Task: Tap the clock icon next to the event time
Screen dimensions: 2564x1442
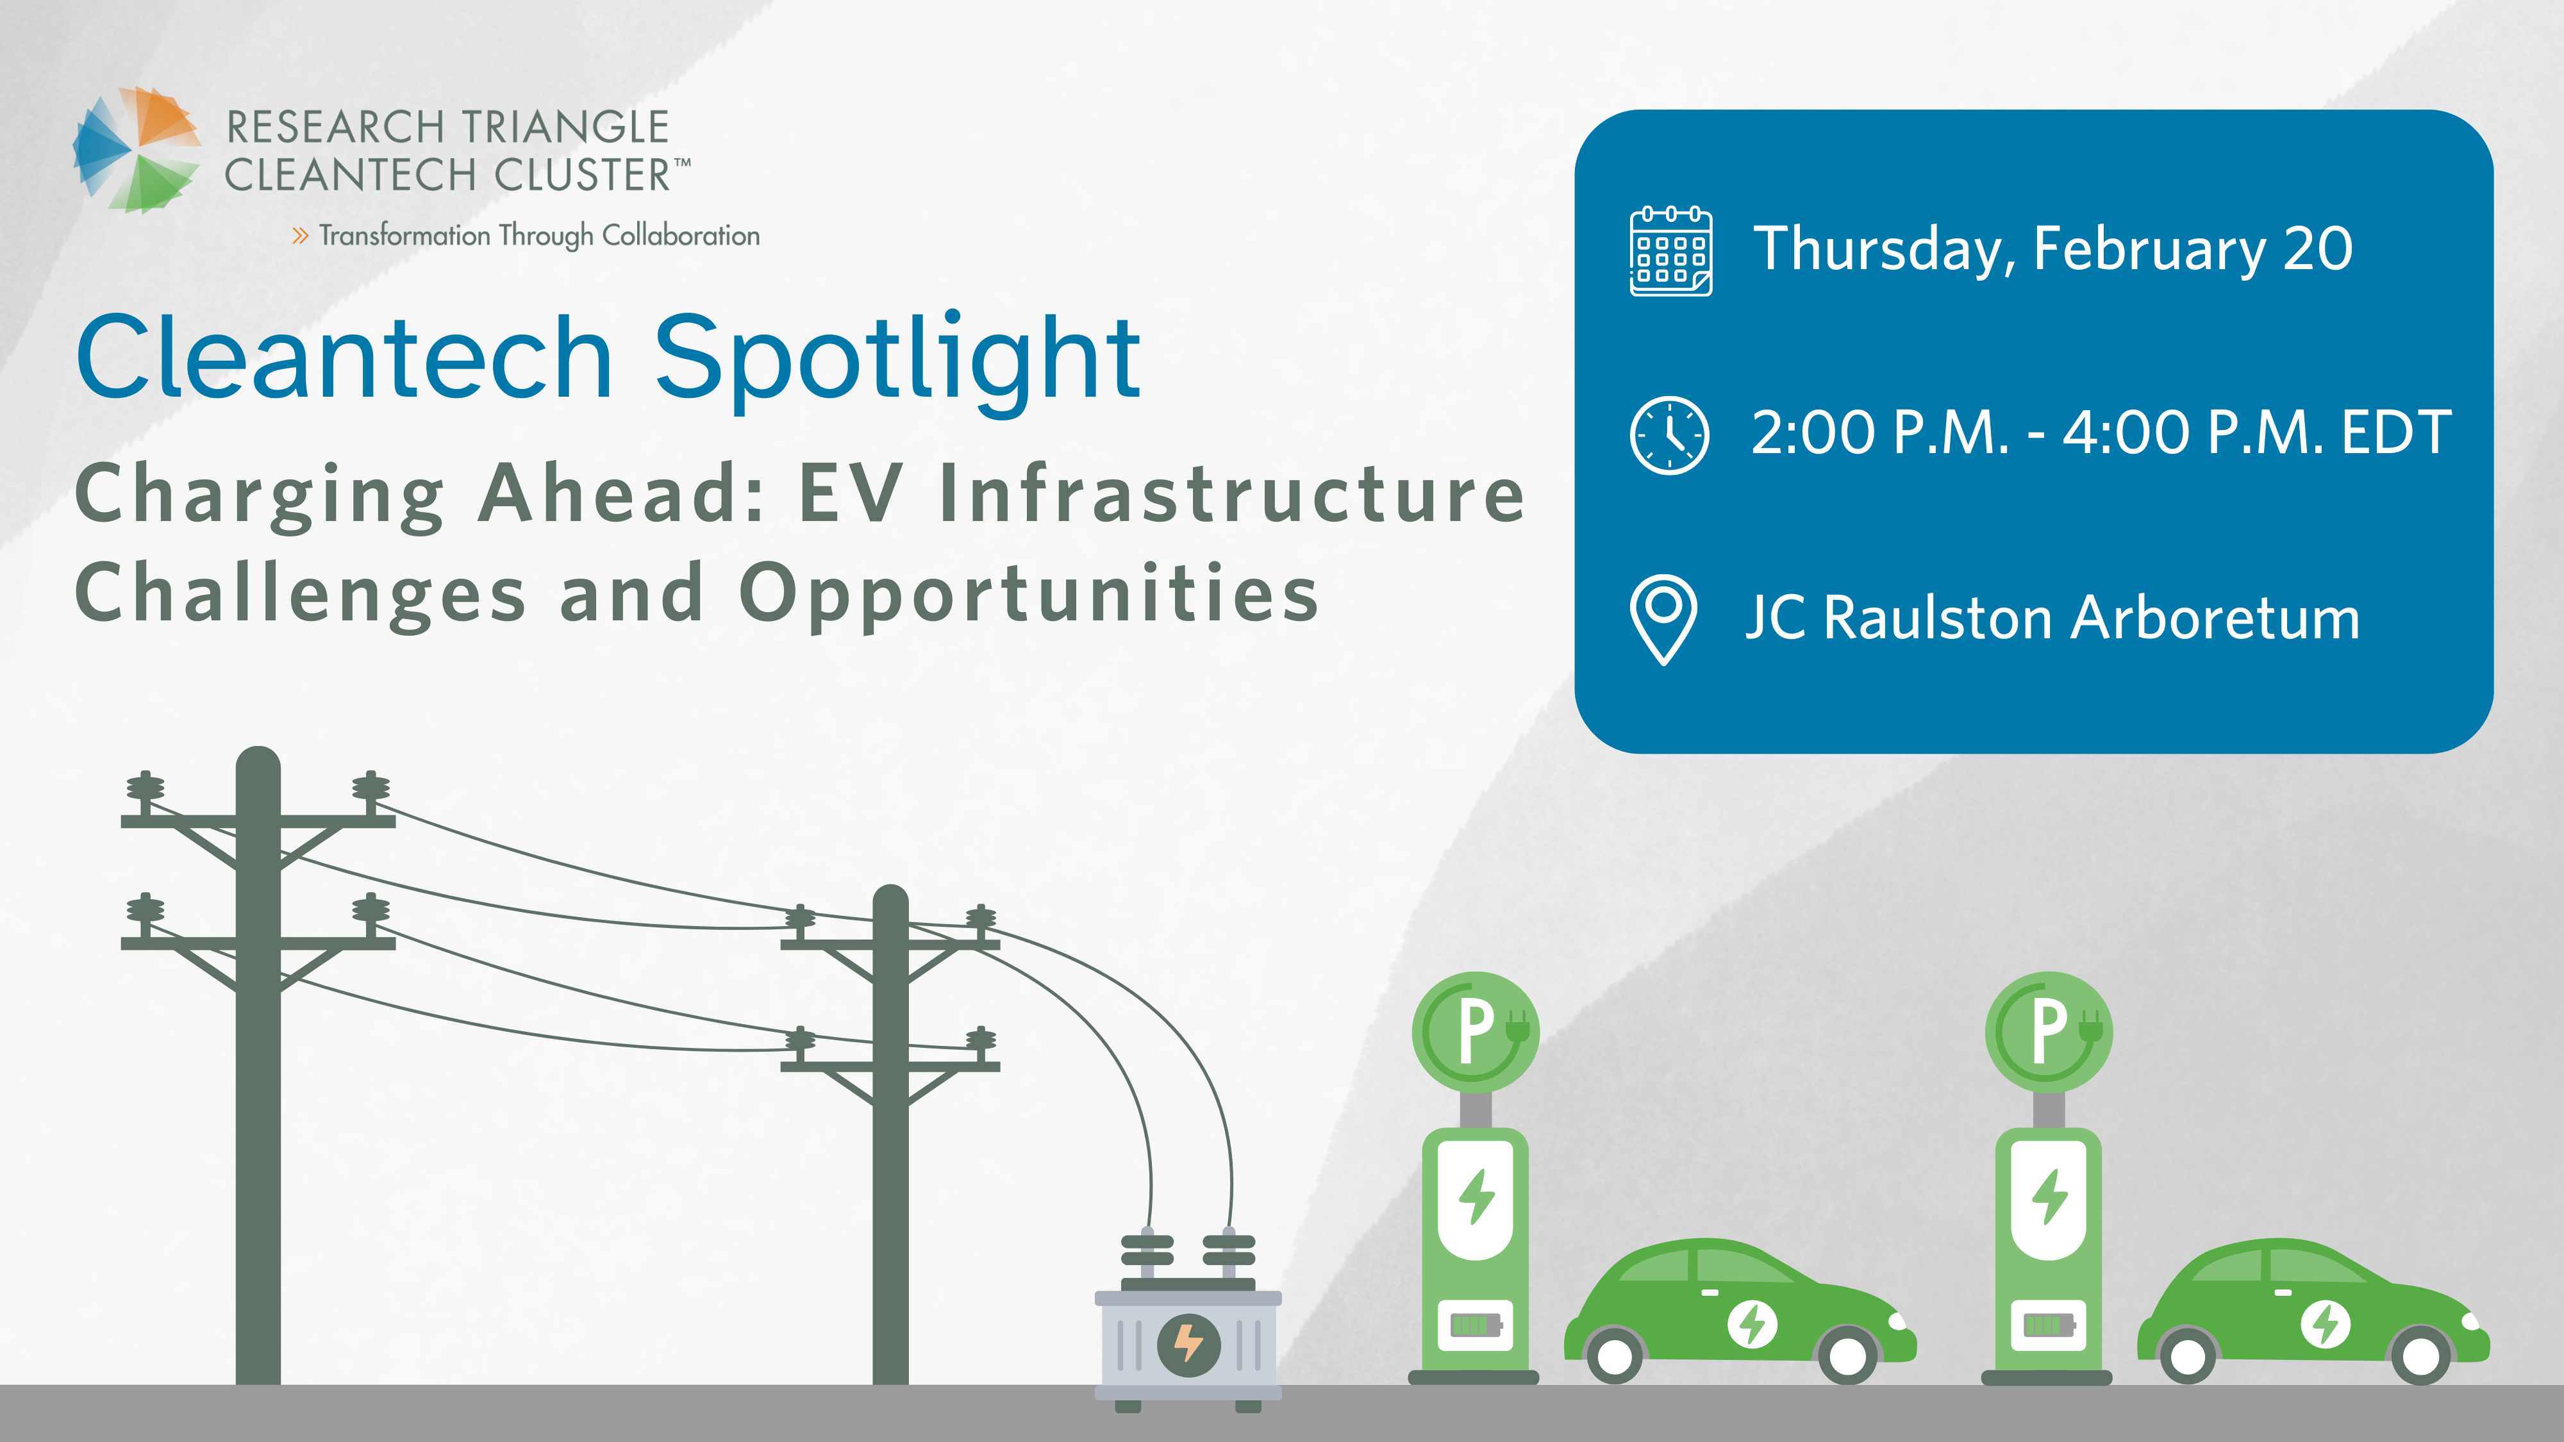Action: pyautogui.click(x=1669, y=435)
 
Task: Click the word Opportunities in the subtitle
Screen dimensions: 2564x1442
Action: pyautogui.click(x=1029, y=595)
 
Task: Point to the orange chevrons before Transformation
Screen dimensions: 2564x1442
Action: pyautogui.click(x=299, y=236)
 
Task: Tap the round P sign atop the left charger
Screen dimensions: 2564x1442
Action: pyautogui.click(x=1475, y=1032)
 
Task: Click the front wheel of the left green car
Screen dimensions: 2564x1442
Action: pyautogui.click(x=1847, y=1354)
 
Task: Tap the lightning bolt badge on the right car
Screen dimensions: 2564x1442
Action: pyautogui.click(x=2325, y=1325)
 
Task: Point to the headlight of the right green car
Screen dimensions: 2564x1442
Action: pyautogui.click(x=2472, y=1322)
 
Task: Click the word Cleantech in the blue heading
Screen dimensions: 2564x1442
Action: pyautogui.click(x=344, y=356)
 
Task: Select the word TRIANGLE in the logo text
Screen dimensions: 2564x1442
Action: pyautogui.click(x=564, y=128)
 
